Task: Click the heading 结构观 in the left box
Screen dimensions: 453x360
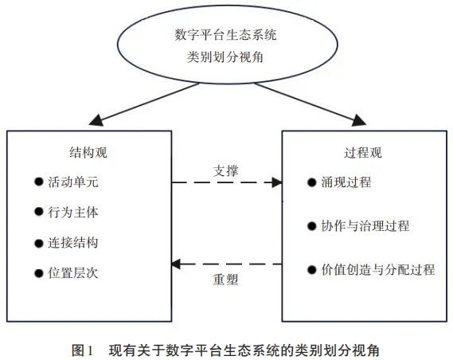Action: [x=88, y=152]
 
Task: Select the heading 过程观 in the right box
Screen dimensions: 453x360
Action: [x=363, y=152]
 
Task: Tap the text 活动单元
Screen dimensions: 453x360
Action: [x=73, y=182]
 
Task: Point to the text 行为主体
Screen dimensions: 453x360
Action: [x=73, y=212]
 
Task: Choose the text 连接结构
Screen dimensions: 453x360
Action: [x=73, y=242]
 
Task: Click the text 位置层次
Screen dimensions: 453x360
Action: [x=73, y=272]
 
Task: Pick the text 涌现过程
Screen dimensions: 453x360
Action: [x=346, y=182]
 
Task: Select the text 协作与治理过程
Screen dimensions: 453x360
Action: [x=365, y=225]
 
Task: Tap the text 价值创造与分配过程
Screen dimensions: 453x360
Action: [x=378, y=269]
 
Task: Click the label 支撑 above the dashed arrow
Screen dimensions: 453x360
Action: [x=225, y=170]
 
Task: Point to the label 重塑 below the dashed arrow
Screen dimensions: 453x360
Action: [x=225, y=280]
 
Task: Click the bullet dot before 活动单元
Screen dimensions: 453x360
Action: [x=39, y=182]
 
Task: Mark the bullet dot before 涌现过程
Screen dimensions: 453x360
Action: [x=312, y=182]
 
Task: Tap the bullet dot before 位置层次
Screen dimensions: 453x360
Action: [x=39, y=273]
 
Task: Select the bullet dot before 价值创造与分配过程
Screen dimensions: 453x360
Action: [x=312, y=269]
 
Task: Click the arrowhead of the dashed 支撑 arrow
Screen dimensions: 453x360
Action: [x=277, y=182]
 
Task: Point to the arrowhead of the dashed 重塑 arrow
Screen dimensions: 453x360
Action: [x=176, y=264]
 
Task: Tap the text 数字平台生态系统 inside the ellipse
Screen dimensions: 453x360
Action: [x=225, y=35]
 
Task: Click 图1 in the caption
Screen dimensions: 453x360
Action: [x=83, y=350]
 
